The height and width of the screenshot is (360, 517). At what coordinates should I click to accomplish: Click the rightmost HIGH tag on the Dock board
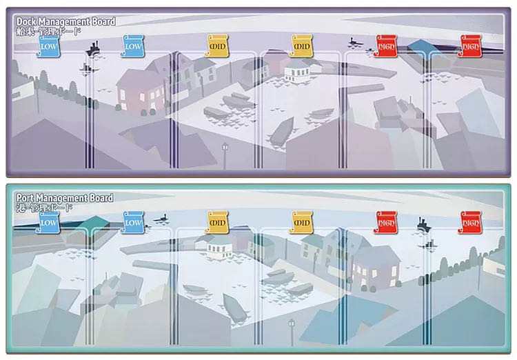(x=470, y=48)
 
